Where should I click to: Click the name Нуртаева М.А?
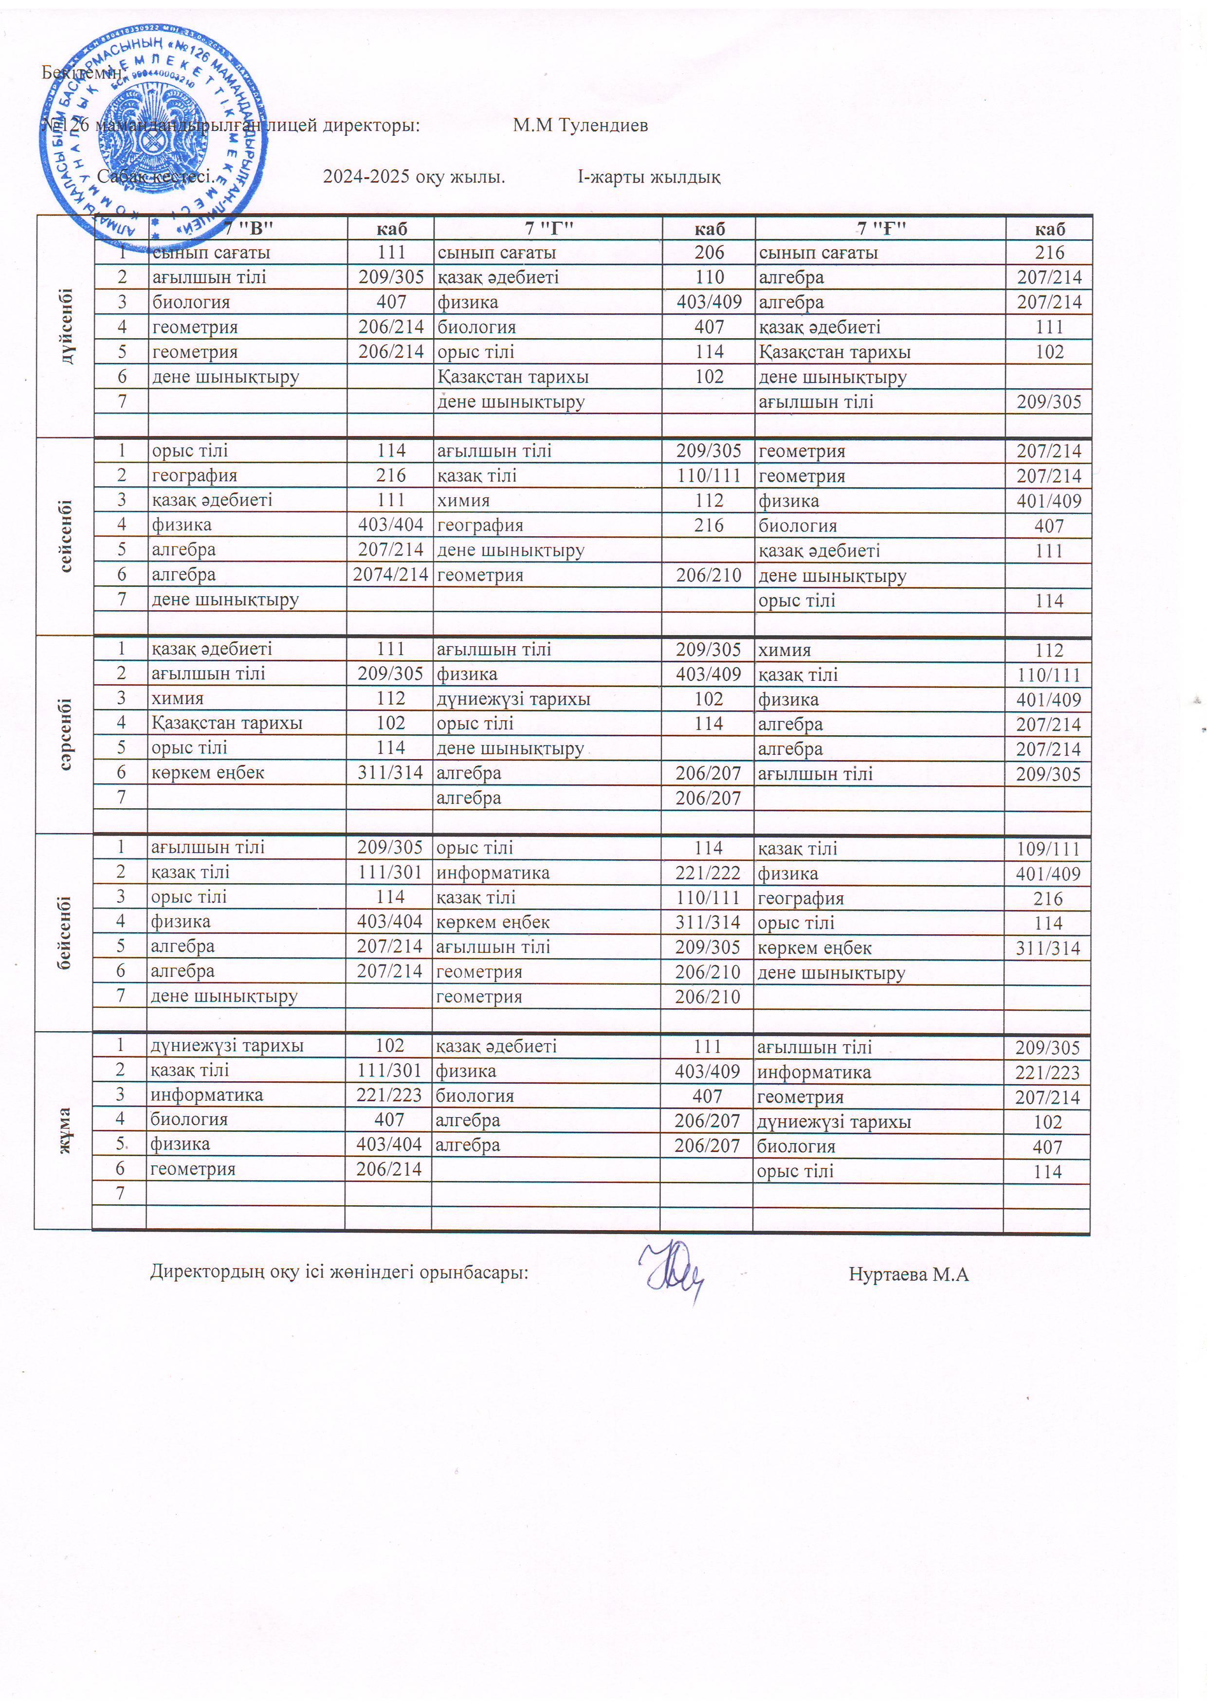coord(908,1274)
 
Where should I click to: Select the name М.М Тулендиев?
coord(580,125)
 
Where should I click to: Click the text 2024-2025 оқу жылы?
coord(414,177)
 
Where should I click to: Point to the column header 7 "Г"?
coord(548,228)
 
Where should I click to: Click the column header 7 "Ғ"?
coord(880,228)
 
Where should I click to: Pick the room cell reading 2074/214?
coord(390,574)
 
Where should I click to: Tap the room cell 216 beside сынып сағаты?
coord(1049,252)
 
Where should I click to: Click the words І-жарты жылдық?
coord(648,177)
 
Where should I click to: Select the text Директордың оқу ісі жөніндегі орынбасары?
coord(339,1272)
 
